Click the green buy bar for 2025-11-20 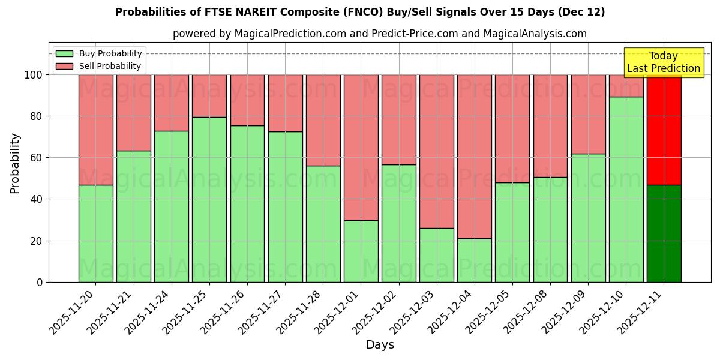click(95, 233)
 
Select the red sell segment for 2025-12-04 click(475, 157)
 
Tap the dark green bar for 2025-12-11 click(664, 233)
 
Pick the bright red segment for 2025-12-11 click(664, 130)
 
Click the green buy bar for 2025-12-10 click(626, 189)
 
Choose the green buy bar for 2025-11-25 click(209, 199)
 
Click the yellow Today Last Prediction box click(663, 62)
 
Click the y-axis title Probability click(15, 163)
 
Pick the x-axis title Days click(380, 345)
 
